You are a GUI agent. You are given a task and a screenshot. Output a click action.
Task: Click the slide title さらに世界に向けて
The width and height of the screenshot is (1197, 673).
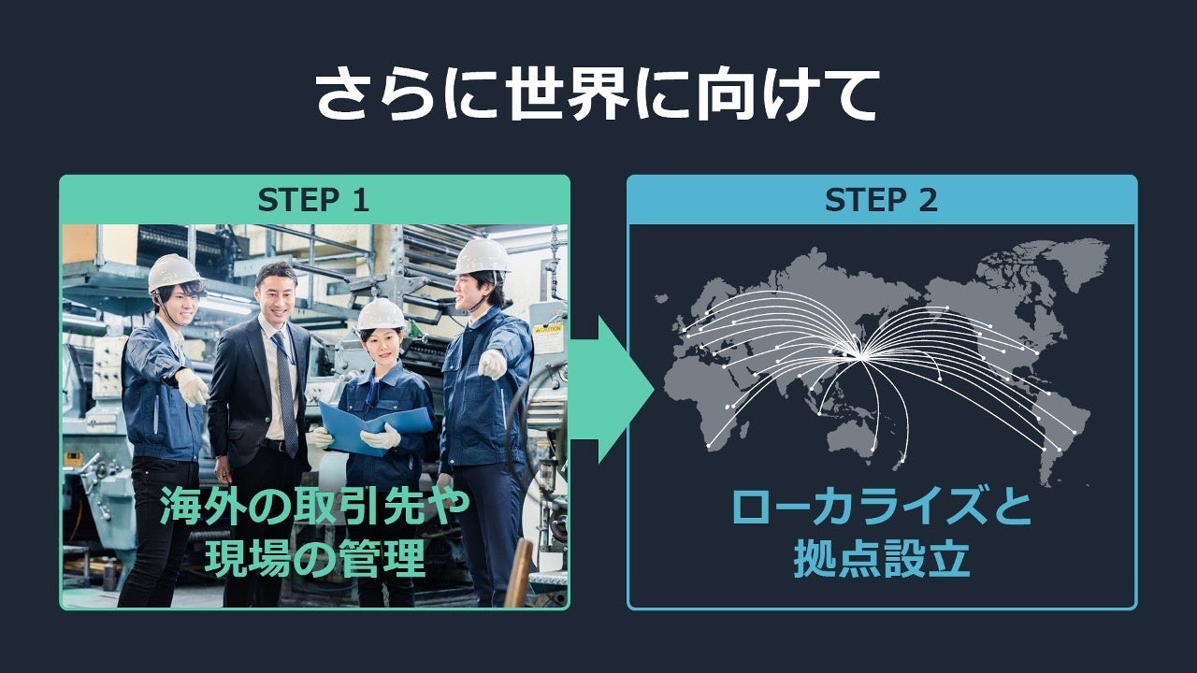pyautogui.click(x=596, y=93)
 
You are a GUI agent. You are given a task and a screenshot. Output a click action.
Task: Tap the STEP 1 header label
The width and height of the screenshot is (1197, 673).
pyautogui.click(x=314, y=200)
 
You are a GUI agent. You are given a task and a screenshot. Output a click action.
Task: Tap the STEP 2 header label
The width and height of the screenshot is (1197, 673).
pyautogui.click(x=881, y=200)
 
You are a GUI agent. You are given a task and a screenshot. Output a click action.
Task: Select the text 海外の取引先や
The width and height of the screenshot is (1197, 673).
pyautogui.click(x=314, y=507)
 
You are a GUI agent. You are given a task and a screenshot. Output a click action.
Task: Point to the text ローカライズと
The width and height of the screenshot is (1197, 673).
pyautogui.click(x=881, y=508)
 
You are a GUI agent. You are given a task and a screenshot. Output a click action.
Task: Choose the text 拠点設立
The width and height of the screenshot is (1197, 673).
pyautogui.click(x=881, y=560)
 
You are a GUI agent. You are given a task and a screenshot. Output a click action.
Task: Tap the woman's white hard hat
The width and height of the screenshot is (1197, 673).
pyautogui.click(x=382, y=314)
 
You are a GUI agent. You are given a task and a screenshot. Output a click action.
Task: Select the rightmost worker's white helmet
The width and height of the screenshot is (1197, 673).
pyautogui.click(x=481, y=256)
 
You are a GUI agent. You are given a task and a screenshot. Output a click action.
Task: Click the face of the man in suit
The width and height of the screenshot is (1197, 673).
pyautogui.click(x=277, y=294)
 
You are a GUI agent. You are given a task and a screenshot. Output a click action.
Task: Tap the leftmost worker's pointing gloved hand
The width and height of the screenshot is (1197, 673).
pyautogui.click(x=193, y=385)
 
